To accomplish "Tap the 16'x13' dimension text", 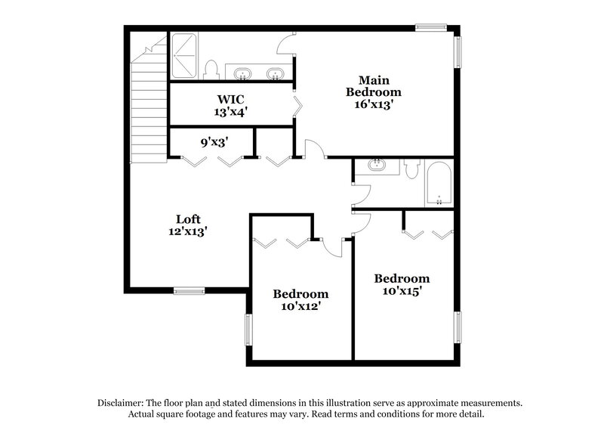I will pyautogui.click(x=374, y=105).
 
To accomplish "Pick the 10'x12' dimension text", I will pyautogui.click(x=300, y=307).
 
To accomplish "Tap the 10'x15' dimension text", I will pyautogui.click(x=402, y=292).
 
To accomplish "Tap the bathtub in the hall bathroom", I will pyautogui.click(x=439, y=183).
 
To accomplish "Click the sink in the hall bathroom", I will pyautogui.click(x=375, y=166).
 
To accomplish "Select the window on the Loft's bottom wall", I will pyautogui.click(x=190, y=290).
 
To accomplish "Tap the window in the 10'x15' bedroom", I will pyautogui.click(x=458, y=327).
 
